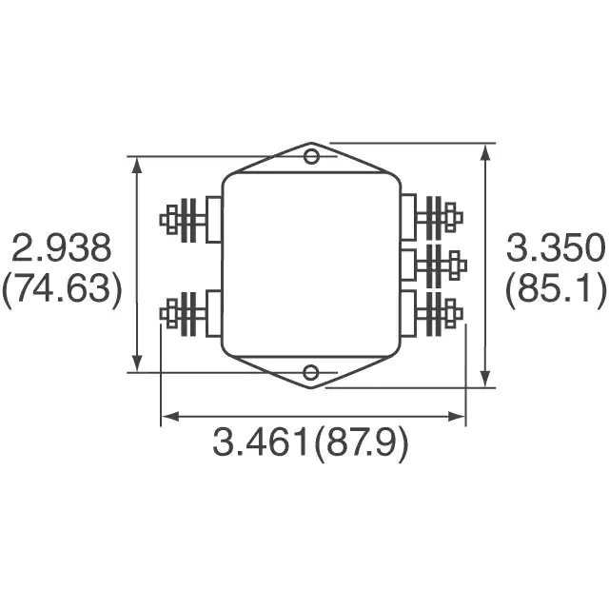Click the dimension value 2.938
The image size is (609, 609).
coord(61,247)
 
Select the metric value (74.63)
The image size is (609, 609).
coord(62,289)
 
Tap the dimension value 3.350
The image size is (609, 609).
coord(556,247)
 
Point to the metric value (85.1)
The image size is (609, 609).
coord(556,289)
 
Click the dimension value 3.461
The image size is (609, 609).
coord(260,442)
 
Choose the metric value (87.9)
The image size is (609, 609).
coord(361,443)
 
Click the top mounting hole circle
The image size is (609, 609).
coord(311,156)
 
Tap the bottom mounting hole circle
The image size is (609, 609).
coord(311,373)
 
